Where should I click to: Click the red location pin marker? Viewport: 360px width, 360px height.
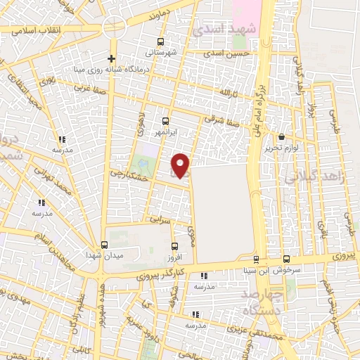182,165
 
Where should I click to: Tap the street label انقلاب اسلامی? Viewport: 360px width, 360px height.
31,30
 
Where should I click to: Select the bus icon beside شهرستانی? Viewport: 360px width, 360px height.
161,41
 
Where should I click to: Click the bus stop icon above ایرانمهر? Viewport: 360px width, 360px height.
166,121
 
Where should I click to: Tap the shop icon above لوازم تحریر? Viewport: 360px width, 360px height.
282,137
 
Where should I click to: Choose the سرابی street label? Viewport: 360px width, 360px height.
162,220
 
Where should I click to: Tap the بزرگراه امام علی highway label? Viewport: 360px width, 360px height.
259,98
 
